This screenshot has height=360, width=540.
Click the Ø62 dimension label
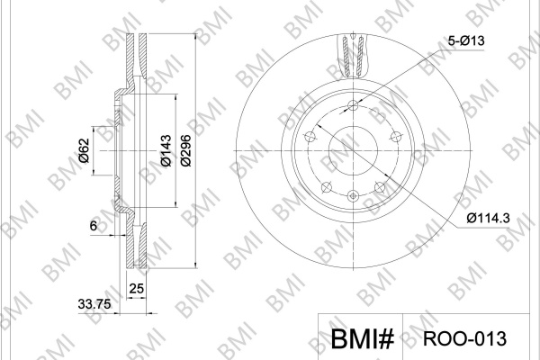pyautogui.click(x=84, y=150)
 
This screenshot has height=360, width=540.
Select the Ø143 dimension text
pyautogui.click(x=166, y=150)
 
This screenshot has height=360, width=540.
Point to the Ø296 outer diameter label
pyautogui.click(x=186, y=150)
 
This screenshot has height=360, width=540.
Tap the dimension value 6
pyautogui.click(x=94, y=226)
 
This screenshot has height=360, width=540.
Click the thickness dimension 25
pyautogui.click(x=137, y=288)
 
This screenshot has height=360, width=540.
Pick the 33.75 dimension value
pyautogui.click(x=94, y=304)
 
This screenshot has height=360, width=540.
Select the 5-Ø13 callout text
pyautogui.click(x=466, y=41)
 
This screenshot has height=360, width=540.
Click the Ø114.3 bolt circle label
pyautogui.click(x=488, y=218)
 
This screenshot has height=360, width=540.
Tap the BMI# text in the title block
pyautogui.click(x=363, y=338)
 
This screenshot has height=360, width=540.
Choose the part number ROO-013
pyautogui.click(x=464, y=338)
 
